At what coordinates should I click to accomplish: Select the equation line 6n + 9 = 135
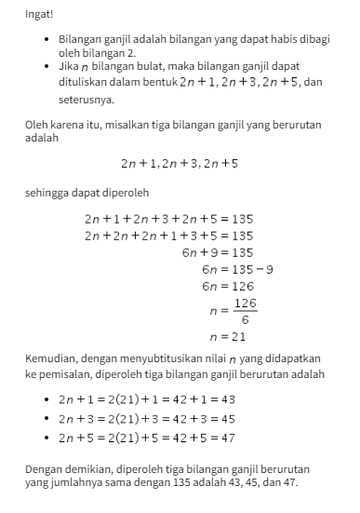(217, 252)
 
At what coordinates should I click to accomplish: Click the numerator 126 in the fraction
(245, 304)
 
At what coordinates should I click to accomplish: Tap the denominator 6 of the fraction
(245, 319)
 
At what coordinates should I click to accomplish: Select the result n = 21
(228, 336)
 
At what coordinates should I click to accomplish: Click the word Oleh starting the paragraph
(36, 123)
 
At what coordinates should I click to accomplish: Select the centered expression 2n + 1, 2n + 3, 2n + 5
(180, 163)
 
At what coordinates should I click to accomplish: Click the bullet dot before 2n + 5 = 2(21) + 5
(47, 437)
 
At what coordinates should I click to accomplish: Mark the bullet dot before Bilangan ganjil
(47, 43)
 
